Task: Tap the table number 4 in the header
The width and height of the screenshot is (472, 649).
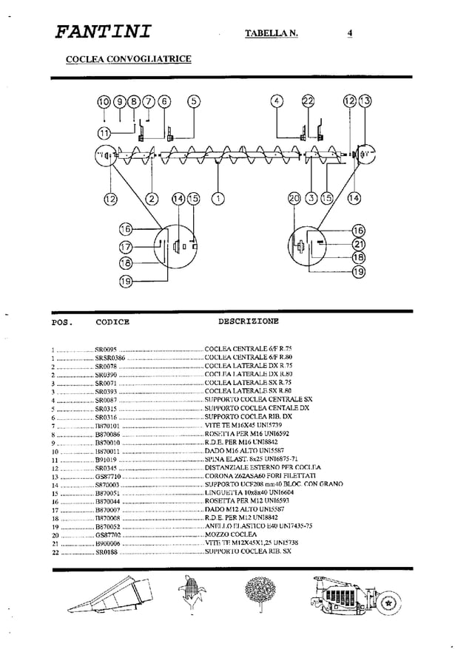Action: (350, 33)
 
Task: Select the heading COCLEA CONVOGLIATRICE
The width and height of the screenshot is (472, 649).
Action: (129, 58)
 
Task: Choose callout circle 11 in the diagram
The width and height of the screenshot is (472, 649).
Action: (104, 133)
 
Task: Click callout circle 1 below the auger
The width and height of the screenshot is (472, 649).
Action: (218, 198)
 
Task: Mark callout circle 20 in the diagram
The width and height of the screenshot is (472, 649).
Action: (295, 198)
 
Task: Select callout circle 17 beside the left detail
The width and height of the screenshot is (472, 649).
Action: (125, 247)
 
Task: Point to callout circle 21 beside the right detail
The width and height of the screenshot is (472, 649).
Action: (359, 244)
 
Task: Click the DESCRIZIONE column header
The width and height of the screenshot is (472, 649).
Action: (249, 322)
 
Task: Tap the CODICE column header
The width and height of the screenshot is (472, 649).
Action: (112, 322)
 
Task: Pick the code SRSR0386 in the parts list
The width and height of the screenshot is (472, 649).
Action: (111, 357)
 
